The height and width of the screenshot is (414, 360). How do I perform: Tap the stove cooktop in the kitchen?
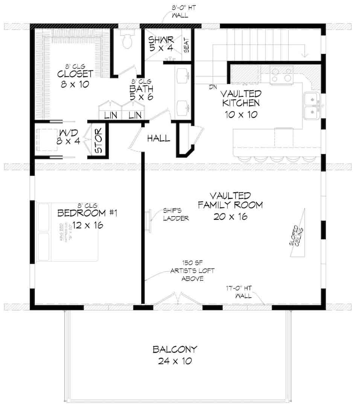click(x=282, y=75)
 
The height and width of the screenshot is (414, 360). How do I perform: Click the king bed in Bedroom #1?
click(x=68, y=232)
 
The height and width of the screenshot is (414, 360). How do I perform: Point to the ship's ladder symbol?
click(x=148, y=221)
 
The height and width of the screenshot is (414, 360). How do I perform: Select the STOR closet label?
click(x=99, y=142)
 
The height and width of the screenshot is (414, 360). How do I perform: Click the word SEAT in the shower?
click(x=186, y=45)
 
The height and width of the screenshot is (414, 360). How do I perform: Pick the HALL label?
click(x=158, y=139)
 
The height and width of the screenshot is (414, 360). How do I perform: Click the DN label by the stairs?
click(x=214, y=87)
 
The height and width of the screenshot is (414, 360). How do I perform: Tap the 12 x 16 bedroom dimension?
click(x=87, y=225)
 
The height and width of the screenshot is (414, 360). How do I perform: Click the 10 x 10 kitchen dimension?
click(x=241, y=114)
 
